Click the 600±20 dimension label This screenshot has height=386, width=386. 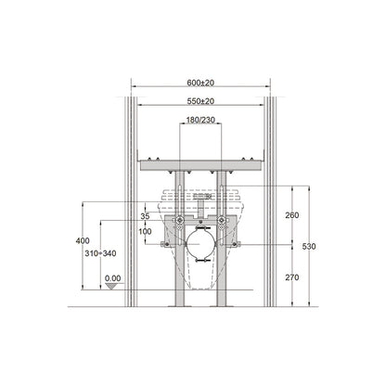coord(200,83)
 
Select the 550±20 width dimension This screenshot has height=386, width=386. coord(200,101)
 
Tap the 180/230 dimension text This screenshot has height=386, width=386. coord(200,120)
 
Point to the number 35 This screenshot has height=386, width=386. coord(145,216)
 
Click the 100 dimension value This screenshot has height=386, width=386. coord(145,231)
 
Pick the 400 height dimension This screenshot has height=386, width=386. coord(83,240)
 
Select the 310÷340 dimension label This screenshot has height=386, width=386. coord(100,253)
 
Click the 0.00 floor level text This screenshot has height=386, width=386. coord(112,278)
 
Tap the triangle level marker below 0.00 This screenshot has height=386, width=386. coord(111,286)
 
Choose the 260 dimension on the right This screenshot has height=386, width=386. coord(292,215)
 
